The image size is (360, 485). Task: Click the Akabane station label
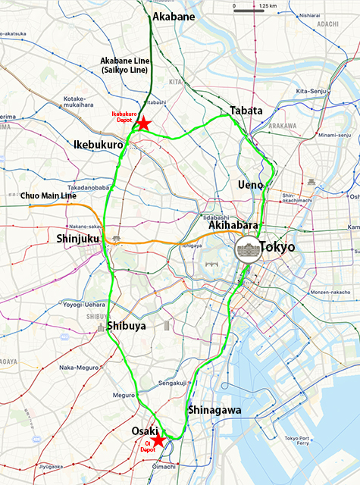tap(174, 16)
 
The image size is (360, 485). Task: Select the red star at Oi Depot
tap(158, 440)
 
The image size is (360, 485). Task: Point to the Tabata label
tap(246, 111)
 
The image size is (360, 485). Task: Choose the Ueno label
tap(249, 184)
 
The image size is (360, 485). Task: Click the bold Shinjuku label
tap(78, 239)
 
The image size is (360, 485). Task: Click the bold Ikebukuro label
tap(99, 144)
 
